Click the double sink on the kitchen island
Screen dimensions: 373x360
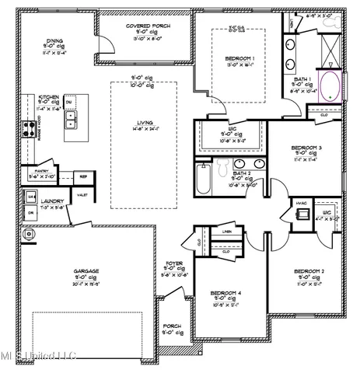(x=71, y=119)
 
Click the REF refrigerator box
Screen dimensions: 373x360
(x=83, y=176)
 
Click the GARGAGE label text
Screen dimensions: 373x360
(x=86, y=271)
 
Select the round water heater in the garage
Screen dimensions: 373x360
(x=30, y=233)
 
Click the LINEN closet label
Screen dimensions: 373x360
(x=226, y=232)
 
